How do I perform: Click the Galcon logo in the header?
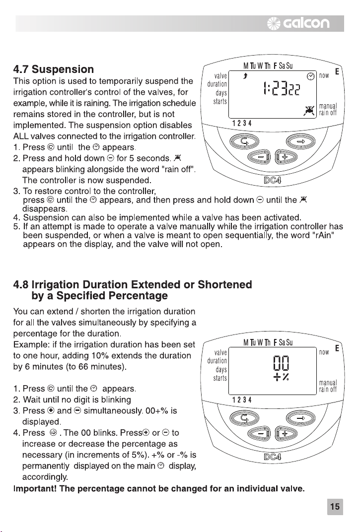pos(298,23)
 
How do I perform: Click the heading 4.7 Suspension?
pos(53,69)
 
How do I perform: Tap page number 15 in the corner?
pos(335,507)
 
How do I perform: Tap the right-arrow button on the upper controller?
pos(300,141)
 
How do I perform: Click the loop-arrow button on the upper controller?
pos(244,141)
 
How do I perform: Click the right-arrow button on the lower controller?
pos(300,418)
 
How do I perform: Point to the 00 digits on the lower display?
pos(281,363)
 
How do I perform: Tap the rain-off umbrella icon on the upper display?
pos(309,111)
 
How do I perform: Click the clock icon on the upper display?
pos(311,76)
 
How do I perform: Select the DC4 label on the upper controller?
pos(273,180)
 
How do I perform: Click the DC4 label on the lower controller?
pos(273,457)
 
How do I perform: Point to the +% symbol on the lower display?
pos(281,377)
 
